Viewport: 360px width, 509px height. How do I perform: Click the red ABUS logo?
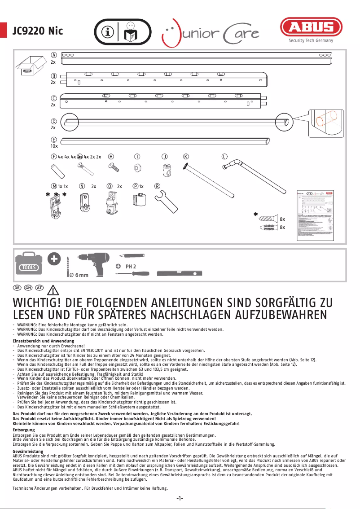[311, 28]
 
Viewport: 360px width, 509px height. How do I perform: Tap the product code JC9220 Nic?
[38, 31]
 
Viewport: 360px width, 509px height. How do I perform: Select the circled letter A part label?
[53, 55]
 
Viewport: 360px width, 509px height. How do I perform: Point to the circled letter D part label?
[53, 121]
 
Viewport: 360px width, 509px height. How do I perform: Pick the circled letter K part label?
[186, 156]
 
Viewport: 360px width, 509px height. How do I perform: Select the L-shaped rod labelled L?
[251, 177]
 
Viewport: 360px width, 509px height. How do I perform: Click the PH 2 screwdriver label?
[131, 266]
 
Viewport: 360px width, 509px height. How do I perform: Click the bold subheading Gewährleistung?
[28, 451]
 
